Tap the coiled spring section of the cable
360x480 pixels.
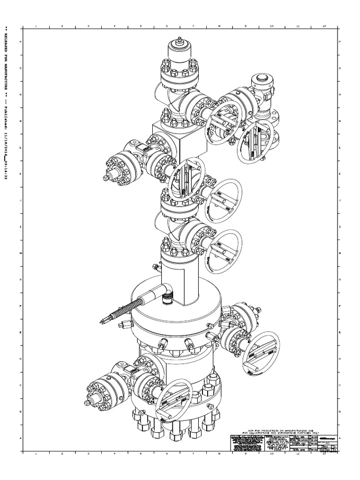[x=127, y=310]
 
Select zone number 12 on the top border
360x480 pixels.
[x=324, y=26]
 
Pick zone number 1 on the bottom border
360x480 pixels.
[x=36, y=454]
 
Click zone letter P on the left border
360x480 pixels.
[x=20, y=42]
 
